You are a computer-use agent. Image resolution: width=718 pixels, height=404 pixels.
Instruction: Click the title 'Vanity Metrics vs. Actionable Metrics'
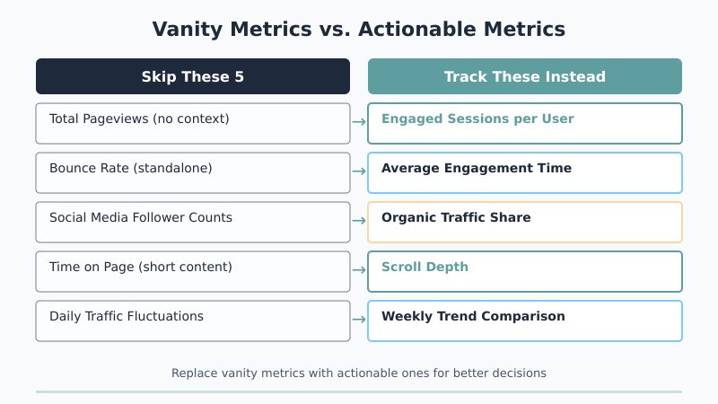(359, 29)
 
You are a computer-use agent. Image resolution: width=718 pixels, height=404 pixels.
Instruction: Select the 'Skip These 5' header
(193, 76)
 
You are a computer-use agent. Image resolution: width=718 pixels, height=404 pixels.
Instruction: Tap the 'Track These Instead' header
(525, 76)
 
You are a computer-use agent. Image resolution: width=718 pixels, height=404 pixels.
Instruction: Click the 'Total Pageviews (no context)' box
(193, 123)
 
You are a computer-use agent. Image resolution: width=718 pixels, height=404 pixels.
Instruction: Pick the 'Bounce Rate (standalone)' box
(193, 172)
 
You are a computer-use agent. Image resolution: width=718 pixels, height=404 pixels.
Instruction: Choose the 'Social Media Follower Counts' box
(193, 222)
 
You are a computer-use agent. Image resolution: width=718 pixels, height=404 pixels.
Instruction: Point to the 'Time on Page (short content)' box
(193, 271)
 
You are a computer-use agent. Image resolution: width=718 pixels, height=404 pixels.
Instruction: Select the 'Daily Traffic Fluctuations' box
(193, 321)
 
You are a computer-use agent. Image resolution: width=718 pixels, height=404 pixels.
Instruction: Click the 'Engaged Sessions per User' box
(525, 123)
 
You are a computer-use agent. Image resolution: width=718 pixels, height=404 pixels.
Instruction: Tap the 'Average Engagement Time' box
(525, 172)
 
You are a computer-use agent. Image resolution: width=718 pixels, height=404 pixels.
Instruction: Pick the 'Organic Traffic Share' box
(525, 222)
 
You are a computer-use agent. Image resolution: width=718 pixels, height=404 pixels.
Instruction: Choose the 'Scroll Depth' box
(525, 271)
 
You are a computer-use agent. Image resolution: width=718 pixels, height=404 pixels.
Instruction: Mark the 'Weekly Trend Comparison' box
(525, 321)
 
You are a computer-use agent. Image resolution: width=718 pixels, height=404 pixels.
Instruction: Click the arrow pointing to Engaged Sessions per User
(359, 121)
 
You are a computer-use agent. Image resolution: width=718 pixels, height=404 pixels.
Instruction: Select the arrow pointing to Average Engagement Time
(359, 171)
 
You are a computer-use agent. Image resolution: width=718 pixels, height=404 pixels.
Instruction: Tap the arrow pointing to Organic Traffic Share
(359, 220)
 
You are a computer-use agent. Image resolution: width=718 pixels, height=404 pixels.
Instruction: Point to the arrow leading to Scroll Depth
(359, 269)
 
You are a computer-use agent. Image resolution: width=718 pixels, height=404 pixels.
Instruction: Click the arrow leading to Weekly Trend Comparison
(359, 319)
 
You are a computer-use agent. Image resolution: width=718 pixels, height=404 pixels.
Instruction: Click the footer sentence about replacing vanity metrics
(359, 373)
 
